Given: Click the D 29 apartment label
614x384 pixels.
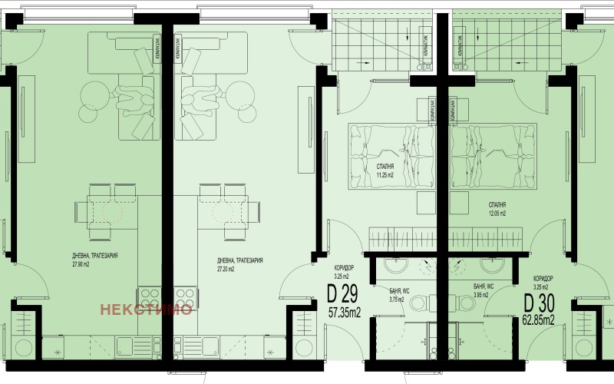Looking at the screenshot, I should coord(342,294).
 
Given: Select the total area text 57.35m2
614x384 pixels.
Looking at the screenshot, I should coord(345,313).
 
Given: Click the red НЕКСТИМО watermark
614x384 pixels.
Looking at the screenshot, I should coord(146,310).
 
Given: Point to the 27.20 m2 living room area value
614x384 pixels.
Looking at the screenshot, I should coord(229,270).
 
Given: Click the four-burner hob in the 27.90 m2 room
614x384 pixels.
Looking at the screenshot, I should coord(147,296).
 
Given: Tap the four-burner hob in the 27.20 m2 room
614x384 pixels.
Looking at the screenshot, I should coord(185,296).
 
